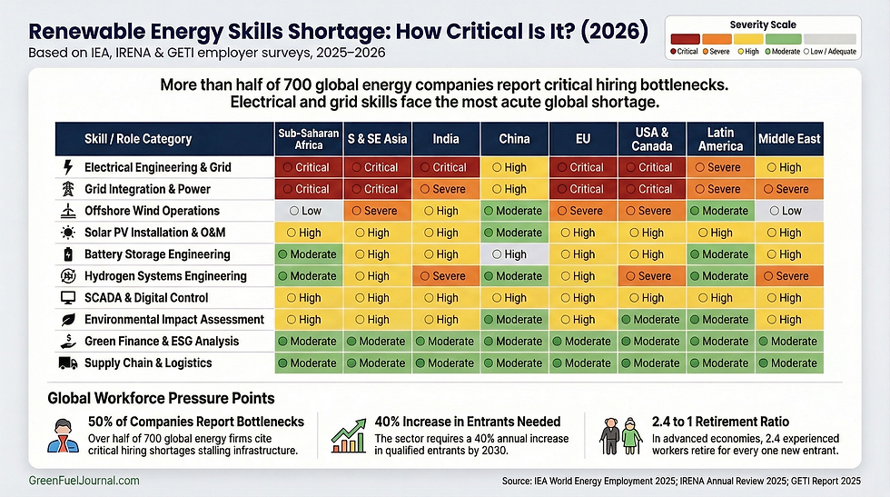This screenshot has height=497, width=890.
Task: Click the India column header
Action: pos(446,139)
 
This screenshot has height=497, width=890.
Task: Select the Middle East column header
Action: pos(789,139)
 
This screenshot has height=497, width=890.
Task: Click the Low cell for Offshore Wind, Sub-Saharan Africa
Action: pos(309,211)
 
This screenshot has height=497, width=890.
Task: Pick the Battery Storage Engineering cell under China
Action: pos(515,254)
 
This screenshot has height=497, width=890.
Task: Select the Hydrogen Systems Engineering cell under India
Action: pos(446,276)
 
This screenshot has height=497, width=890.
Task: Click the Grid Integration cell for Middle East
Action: pos(789,189)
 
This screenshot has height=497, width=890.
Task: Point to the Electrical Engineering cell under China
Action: pos(515,167)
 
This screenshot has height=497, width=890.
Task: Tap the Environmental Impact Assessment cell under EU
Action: pos(584,320)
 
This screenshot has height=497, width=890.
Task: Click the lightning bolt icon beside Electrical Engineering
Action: pos(68,167)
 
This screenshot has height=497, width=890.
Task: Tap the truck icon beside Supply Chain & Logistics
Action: pos(68,363)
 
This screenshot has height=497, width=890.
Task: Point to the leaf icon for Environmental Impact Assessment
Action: pos(68,320)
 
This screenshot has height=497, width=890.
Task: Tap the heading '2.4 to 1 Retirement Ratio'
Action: pos(720,421)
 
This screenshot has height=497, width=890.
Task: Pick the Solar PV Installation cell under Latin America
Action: pos(721,233)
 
